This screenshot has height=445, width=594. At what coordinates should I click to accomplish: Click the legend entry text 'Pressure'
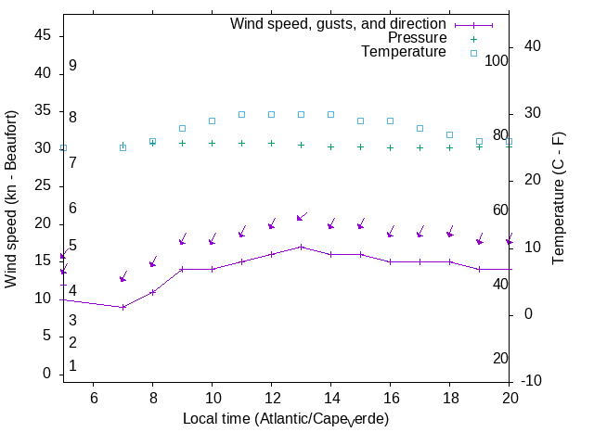point(417,38)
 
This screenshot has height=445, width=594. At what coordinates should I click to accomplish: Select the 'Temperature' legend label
point(404,52)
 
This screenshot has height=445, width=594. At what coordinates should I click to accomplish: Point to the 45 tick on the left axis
point(43,35)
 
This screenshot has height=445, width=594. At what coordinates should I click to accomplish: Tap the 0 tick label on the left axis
point(46,374)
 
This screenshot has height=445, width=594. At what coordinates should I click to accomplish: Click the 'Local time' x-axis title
point(286,419)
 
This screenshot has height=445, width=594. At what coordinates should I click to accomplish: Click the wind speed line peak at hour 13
point(301,247)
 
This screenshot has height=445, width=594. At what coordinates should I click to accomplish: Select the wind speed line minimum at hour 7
point(123,307)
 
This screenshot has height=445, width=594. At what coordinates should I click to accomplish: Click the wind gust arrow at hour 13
point(301,217)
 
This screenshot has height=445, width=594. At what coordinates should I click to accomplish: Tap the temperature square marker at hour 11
point(241,114)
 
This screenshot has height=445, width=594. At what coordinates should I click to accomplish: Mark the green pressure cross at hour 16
point(390,147)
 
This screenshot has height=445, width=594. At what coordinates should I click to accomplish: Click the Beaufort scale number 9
point(72,66)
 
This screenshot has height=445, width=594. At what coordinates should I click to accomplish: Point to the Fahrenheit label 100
point(497,60)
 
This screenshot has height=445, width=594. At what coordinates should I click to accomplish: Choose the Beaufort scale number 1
point(72,366)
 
